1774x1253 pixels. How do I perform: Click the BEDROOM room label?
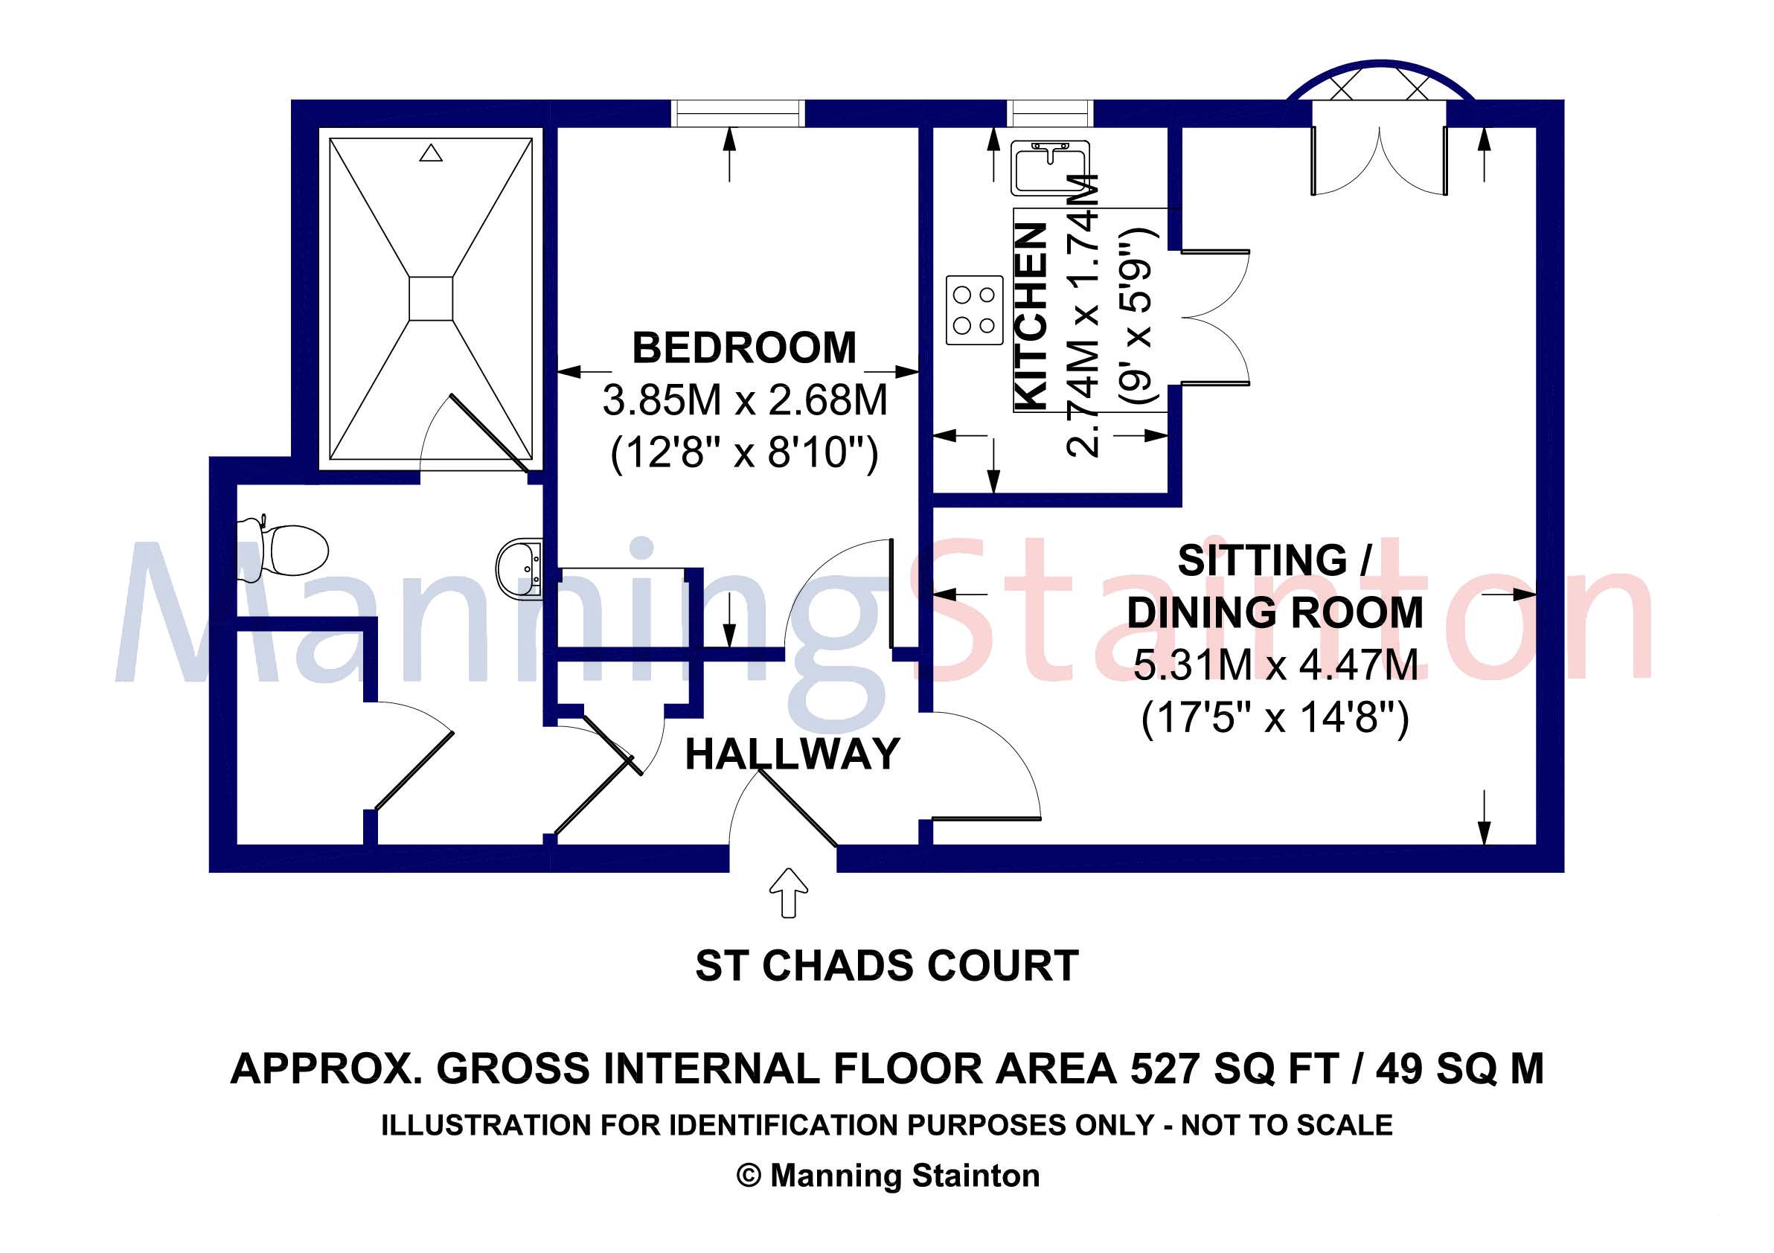click(744, 347)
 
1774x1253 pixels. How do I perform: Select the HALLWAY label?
click(792, 754)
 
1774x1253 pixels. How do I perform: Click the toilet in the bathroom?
click(282, 549)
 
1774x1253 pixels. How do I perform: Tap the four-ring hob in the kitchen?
click(974, 310)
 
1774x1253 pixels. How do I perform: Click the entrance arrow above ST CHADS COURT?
click(788, 893)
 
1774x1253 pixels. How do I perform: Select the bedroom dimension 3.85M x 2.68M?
click(745, 400)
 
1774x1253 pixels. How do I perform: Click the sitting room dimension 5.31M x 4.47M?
click(1275, 665)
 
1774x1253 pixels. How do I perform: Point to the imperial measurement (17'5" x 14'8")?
click(1275, 719)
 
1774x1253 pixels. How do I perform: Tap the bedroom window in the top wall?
click(738, 113)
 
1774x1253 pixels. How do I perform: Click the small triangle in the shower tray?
click(430, 153)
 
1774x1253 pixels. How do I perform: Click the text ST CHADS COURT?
click(887, 966)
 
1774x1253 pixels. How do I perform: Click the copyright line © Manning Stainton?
click(888, 1176)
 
